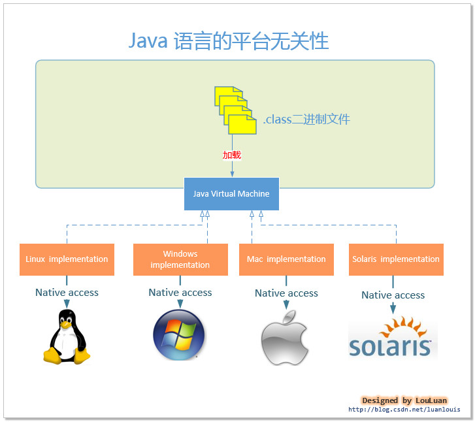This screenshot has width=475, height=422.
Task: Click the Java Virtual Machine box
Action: pyautogui.click(x=231, y=194)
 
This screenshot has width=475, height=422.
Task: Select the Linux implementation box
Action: pyautogui.click(x=67, y=259)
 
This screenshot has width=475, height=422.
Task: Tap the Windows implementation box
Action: pyautogui.click(x=180, y=259)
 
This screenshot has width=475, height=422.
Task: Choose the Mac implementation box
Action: pyautogui.click(x=286, y=259)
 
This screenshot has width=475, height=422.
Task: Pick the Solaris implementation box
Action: pyautogui.click(x=396, y=259)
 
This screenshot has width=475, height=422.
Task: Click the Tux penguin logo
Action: pyautogui.click(x=67, y=336)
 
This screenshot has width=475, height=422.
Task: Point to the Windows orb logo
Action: pyautogui.click(x=179, y=335)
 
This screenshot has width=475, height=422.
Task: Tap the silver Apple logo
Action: pyautogui.click(x=285, y=337)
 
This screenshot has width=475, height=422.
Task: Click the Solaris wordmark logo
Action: pyautogui.click(x=390, y=346)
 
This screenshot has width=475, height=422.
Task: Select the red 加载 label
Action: pyautogui.click(x=232, y=155)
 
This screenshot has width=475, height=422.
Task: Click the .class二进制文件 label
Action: pyautogui.click(x=306, y=120)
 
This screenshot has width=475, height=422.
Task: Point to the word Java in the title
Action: pyautogui.click(x=148, y=41)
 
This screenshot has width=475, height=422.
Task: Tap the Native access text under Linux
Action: pyautogui.click(x=67, y=293)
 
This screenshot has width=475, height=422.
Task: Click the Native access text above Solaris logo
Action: pyautogui.click(x=393, y=295)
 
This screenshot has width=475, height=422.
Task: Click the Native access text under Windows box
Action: pyautogui.click(x=180, y=293)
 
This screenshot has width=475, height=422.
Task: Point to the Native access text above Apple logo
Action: pyautogui.click(x=286, y=293)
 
